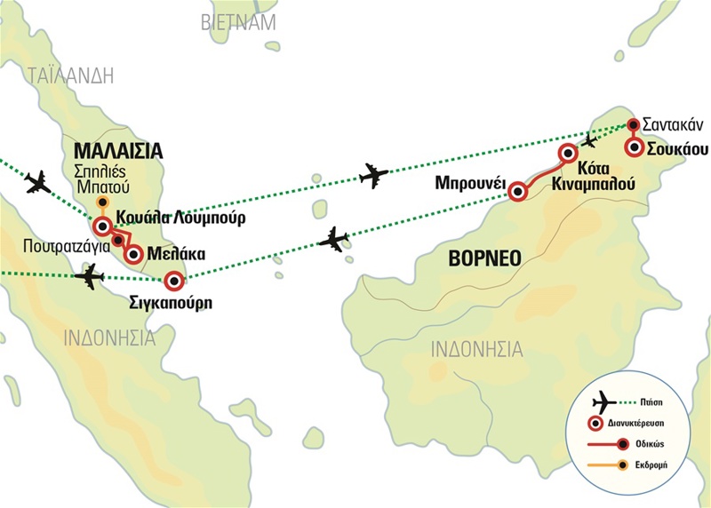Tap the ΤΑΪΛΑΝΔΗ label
71,75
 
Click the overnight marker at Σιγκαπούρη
174,282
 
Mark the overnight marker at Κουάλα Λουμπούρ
102,225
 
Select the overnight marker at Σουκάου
634,148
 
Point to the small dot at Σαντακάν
633,125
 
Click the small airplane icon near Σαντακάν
590,140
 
